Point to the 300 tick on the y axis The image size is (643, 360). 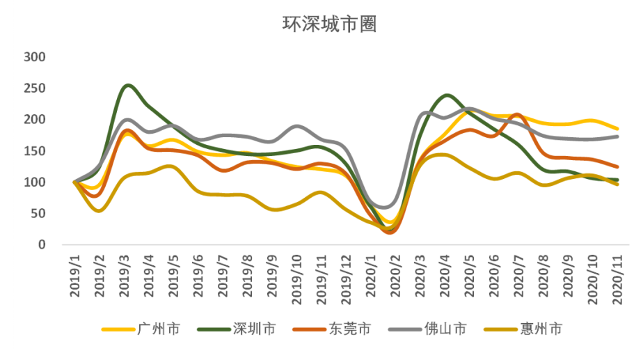tap(34, 56)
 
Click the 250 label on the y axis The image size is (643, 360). tap(34, 88)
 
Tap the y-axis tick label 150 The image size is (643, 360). tap(34, 151)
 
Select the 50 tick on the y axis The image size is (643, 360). tap(38, 214)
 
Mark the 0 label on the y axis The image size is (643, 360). tap(42, 245)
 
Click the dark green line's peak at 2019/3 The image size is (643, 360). tap(128, 86)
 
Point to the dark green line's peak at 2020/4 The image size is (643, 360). tap(445, 95)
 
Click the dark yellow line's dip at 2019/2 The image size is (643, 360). tap(99, 210)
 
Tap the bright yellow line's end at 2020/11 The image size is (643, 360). tap(617, 129)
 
